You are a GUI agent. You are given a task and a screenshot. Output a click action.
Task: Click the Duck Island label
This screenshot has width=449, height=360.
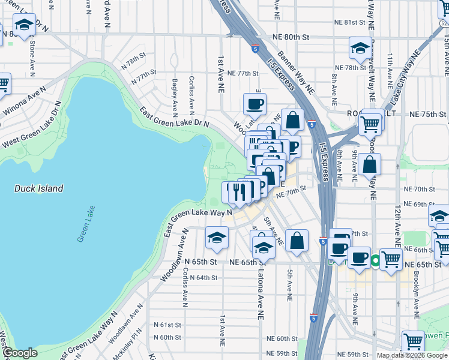point(38,188)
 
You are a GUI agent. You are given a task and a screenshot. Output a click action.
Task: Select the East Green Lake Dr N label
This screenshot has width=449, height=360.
point(174,118)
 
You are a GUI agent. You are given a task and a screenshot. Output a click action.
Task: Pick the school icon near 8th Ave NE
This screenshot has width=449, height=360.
point(360,49)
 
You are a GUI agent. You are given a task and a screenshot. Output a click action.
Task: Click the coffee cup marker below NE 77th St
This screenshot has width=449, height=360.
point(255,103)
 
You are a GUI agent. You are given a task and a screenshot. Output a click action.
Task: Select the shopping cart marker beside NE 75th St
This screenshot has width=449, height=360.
point(370,124)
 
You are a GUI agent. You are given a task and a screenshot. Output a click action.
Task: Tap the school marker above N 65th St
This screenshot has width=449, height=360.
point(217,238)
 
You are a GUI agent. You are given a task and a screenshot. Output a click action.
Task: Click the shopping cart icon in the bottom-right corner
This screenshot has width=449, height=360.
point(413,341)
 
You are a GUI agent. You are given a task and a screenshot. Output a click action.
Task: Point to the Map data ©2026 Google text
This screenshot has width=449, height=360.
point(412,355)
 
